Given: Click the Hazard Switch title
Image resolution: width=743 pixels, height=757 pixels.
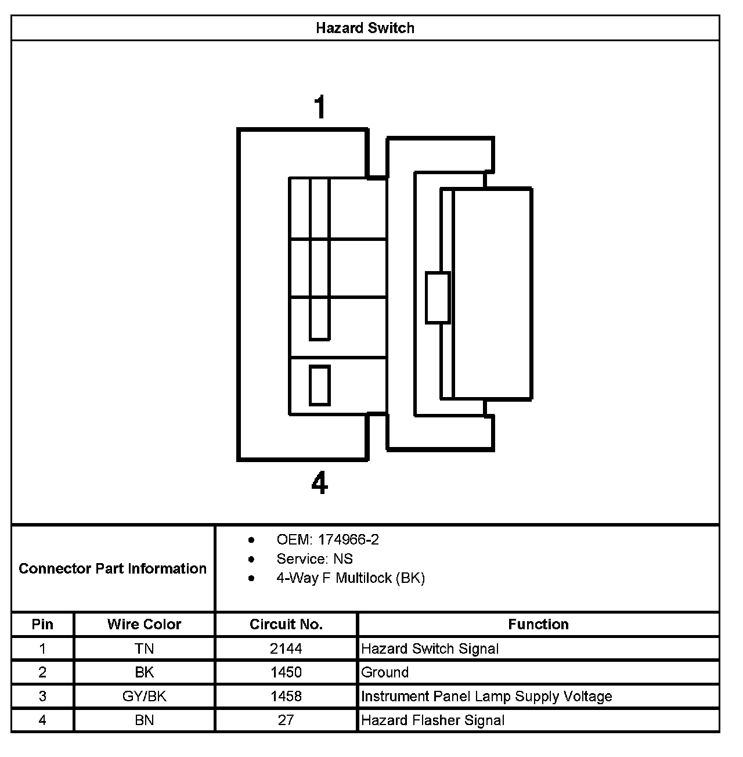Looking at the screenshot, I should [x=365, y=28].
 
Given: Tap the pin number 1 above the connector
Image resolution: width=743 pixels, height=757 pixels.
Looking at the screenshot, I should [x=320, y=108].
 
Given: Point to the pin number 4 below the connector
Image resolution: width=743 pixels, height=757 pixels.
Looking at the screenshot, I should [x=320, y=483].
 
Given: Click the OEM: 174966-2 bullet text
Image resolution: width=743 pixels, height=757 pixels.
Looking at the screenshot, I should [x=327, y=540].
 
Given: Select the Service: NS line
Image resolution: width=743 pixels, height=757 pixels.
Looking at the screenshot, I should [x=315, y=559].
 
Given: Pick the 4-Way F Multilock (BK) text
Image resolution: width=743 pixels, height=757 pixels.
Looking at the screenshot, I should [x=351, y=578].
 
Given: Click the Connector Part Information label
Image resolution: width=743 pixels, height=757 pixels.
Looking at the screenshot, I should [x=113, y=568].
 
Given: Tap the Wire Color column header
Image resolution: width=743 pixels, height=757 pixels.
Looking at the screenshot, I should [x=144, y=625].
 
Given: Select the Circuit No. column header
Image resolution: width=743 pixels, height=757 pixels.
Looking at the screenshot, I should [x=286, y=625].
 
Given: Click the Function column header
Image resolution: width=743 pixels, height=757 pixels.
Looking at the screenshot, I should [x=538, y=625].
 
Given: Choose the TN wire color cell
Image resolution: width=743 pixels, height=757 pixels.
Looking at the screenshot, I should [x=144, y=648].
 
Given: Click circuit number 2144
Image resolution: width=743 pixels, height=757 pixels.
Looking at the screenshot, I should [x=286, y=648].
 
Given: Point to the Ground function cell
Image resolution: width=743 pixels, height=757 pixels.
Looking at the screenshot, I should [x=385, y=672].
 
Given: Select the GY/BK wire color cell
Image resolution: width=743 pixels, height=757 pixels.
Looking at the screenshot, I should [x=144, y=696].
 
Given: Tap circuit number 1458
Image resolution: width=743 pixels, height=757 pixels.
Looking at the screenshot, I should [x=286, y=696].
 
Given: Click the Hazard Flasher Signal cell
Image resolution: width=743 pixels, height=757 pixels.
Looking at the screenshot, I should [x=432, y=720].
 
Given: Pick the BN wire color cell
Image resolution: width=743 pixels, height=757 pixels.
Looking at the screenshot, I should [x=144, y=720].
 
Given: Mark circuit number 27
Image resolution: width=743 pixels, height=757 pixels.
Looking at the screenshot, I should [x=286, y=720].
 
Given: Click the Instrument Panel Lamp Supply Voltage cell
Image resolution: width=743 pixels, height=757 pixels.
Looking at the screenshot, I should [x=486, y=696].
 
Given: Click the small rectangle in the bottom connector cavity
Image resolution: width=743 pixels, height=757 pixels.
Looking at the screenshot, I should [x=320, y=385].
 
